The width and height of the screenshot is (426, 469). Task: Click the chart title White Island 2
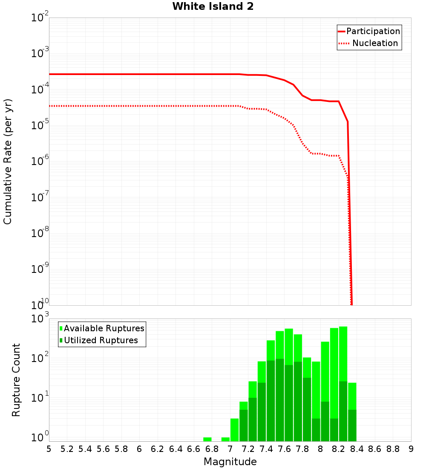coord(213,7)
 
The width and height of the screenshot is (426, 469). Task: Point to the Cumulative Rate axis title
coord(8,161)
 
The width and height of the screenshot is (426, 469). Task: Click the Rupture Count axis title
coord(16,380)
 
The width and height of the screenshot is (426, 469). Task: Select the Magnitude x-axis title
coord(230,462)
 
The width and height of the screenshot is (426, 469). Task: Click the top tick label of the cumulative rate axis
coord(40,18)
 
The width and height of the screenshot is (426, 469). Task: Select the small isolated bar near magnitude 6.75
coord(207,439)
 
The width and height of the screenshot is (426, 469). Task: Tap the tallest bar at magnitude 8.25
coord(343,384)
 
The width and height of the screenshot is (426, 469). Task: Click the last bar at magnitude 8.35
coord(352,412)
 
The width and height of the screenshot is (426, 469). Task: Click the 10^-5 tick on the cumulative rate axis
coord(40,125)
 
